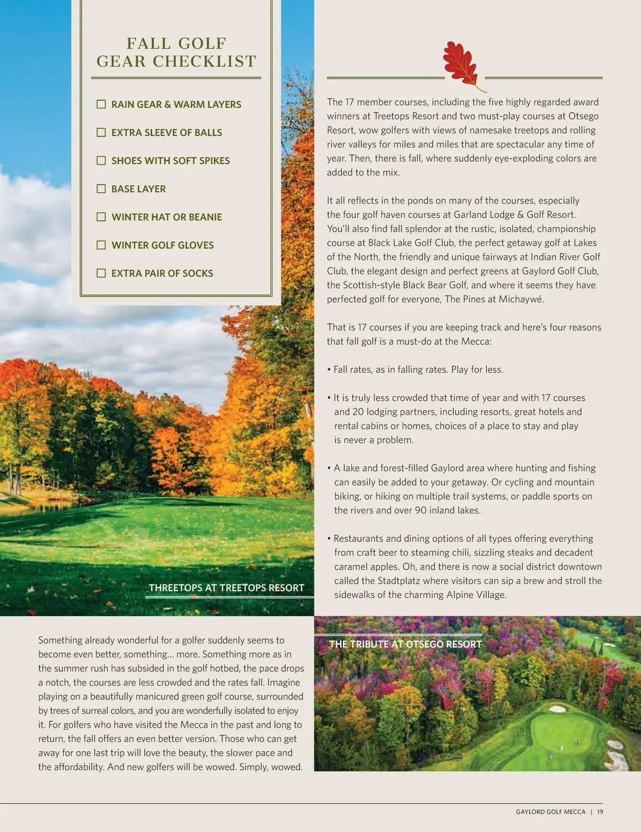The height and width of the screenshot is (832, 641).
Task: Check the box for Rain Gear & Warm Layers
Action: point(101,104)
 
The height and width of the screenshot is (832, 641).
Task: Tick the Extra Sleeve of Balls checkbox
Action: point(101,132)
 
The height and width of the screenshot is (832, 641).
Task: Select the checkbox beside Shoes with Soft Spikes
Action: point(101,160)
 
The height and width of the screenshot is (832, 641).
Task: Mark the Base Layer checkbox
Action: point(101,189)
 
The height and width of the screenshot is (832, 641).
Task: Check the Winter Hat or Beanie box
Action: point(101,217)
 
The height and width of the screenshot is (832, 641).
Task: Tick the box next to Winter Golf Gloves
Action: point(101,245)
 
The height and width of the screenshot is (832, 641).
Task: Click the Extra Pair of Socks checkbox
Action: point(101,273)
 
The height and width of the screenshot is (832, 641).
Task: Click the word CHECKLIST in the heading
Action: point(205,61)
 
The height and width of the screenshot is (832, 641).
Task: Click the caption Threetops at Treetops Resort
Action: point(226,588)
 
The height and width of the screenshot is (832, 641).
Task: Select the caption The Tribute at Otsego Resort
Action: point(405,644)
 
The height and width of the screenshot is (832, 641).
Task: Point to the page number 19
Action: point(600,812)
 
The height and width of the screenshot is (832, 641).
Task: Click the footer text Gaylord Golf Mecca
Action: point(550,812)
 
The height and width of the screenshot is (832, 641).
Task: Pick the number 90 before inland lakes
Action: point(421,510)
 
